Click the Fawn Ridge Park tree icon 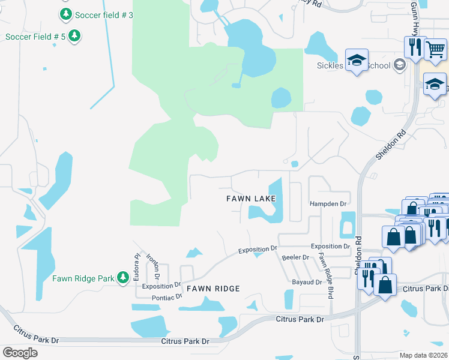123,277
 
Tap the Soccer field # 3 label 103,14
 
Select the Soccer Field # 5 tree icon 74,36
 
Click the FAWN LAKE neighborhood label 251,198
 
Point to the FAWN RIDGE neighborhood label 213,289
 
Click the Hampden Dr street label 329,204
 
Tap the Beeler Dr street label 295,257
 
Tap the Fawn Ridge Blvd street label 327,276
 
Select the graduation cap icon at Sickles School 357,60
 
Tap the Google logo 20,352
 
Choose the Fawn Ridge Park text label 83,278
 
